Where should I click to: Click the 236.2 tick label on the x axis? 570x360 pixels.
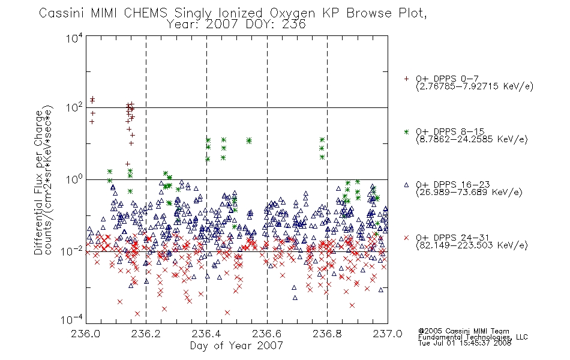tap(146, 334)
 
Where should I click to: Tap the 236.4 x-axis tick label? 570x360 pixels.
tap(206, 334)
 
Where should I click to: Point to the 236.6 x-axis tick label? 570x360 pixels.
tap(267, 334)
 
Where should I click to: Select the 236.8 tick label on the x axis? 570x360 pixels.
tap(327, 334)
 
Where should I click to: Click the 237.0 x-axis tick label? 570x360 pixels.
tap(388, 334)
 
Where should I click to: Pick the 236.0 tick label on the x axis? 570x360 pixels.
tap(86, 334)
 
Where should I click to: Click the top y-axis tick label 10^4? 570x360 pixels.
tap(74, 38)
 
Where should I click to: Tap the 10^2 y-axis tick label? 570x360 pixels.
tap(74, 107)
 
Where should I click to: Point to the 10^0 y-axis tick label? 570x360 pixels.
tap(74, 179)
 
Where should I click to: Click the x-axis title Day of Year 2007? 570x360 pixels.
tap(236, 346)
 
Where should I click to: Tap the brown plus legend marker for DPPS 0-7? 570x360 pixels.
tap(406, 79)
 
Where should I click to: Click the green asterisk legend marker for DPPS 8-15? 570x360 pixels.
tap(406, 131)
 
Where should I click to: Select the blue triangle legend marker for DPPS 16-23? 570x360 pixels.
tap(406, 185)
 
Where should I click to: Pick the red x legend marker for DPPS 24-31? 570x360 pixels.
tap(406, 238)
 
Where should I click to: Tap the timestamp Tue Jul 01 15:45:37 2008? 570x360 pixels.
tap(464, 343)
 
